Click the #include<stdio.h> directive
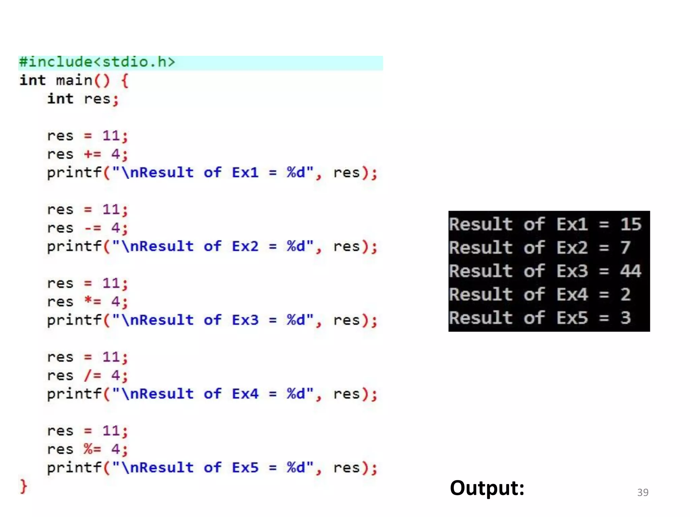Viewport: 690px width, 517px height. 97,62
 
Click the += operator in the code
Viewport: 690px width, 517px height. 93,154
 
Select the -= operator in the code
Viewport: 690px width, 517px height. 93,228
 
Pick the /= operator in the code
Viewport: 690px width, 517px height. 93,375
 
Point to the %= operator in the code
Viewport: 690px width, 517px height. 93,449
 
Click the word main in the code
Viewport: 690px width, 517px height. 74,81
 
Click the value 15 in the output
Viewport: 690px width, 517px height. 631,224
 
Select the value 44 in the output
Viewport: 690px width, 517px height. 631,271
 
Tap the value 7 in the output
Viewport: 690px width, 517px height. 625,247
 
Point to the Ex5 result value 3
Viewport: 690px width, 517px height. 626,318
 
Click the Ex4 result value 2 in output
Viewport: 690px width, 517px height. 626,295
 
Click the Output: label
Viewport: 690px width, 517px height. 487,488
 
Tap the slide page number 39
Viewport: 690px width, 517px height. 643,492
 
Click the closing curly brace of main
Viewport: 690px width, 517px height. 23,486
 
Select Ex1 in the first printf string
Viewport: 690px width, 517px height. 245,173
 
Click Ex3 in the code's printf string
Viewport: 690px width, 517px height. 245,320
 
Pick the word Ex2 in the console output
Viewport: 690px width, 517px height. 572,248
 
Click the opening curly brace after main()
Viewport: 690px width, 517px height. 125,81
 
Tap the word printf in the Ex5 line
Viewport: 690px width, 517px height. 74,468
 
